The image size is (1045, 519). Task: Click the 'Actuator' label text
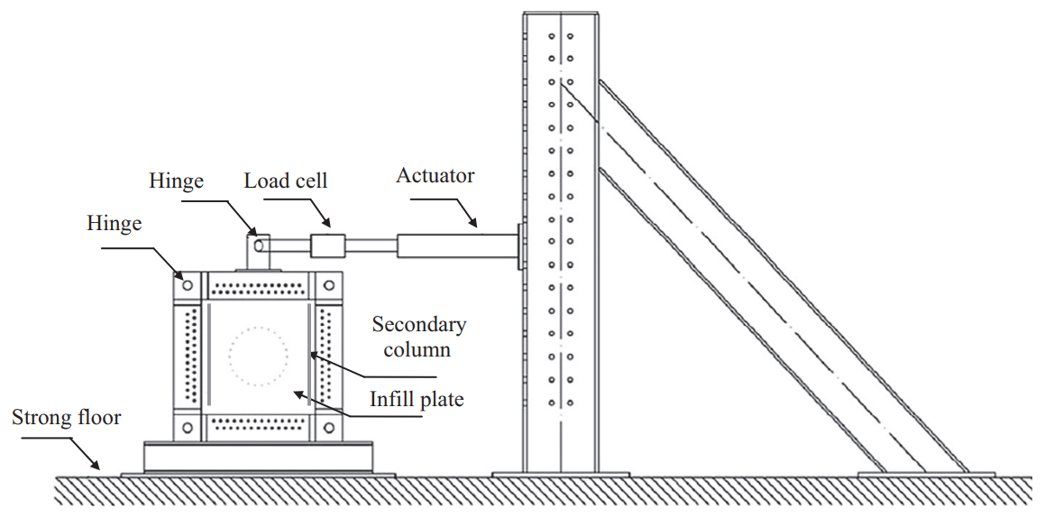coord(435,176)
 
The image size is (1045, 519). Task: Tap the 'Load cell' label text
coord(286,181)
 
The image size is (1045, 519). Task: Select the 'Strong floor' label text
coord(67,418)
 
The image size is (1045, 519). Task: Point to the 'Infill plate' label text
coord(417,400)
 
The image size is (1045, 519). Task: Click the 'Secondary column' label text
coord(419,337)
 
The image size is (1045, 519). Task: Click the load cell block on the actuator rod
coord(328,245)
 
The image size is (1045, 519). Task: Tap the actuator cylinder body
coord(457,245)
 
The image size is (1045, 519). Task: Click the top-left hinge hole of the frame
coord(188,285)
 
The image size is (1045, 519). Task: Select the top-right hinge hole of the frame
coord(328,285)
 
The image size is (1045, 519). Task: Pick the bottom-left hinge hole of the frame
coord(188,427)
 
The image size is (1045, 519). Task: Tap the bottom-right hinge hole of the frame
coord(328,427)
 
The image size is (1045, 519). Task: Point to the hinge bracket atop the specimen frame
coord(258,252)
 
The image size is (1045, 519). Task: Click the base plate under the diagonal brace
coord(926,474)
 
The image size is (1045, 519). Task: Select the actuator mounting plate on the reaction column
coord(520,246)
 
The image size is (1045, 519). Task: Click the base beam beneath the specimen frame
coord(258,457)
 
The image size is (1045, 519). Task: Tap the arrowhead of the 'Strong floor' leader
coord(97,467)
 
